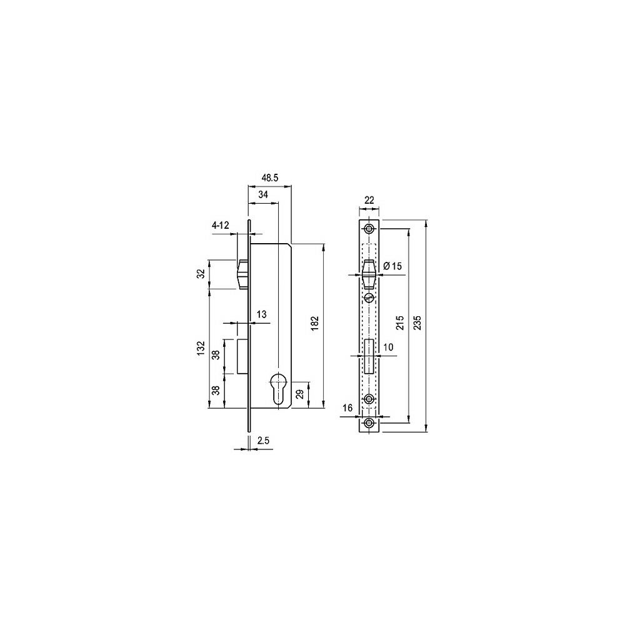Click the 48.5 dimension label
point(270,177)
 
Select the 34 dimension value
point(263,194)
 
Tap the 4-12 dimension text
point(221,226)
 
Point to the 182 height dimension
point(314,323)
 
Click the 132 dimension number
point(201,348)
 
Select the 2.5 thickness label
point(264,440)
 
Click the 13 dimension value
point(261,314)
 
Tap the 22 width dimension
point(369,200)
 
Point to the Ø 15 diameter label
point(392,266)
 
